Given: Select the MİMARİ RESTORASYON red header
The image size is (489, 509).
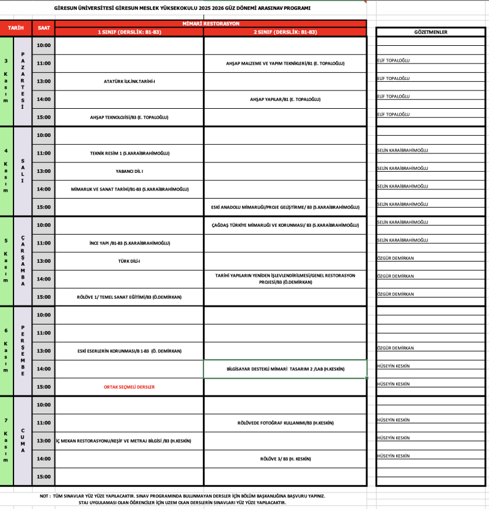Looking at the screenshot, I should tap(210, 23).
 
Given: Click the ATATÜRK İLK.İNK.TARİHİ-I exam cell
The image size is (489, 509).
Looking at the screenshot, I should tap(130, 81).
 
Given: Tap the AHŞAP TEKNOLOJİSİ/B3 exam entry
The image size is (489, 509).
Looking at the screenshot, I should tap(129, 117).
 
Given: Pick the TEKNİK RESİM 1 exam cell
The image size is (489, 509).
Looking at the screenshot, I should tap(129, 153).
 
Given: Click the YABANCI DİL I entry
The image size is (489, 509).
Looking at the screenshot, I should tap(129, 171).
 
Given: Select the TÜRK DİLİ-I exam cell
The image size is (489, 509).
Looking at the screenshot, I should tap(129, 261).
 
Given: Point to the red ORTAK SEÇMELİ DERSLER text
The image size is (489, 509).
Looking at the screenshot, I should tap(129, 387).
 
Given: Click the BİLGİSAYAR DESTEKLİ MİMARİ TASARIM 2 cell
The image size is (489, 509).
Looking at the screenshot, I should tap(285, 369).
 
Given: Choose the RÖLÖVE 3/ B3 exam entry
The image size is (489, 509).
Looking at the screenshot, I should tap(285, 459).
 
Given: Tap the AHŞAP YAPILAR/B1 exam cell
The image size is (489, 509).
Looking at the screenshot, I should tap(285, 99).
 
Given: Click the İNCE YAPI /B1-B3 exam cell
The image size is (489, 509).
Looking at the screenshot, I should tap(129, 243).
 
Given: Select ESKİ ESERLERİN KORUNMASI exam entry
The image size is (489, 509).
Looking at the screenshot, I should tap(129, 351).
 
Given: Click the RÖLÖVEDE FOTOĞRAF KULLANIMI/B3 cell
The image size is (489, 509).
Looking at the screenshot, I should tap(285, 423).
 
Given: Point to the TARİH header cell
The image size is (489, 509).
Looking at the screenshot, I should tap(16, 28).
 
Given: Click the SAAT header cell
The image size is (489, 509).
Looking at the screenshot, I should tap(44, 28).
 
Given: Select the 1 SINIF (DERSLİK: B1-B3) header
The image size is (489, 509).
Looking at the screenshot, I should tap(129, 32).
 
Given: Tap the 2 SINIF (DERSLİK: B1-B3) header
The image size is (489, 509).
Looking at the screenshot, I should tap(285, 32).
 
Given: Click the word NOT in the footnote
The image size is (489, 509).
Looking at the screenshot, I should tap(45, 496).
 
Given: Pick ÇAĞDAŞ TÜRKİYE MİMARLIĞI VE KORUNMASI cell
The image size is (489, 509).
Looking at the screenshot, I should tap(285, 225).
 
